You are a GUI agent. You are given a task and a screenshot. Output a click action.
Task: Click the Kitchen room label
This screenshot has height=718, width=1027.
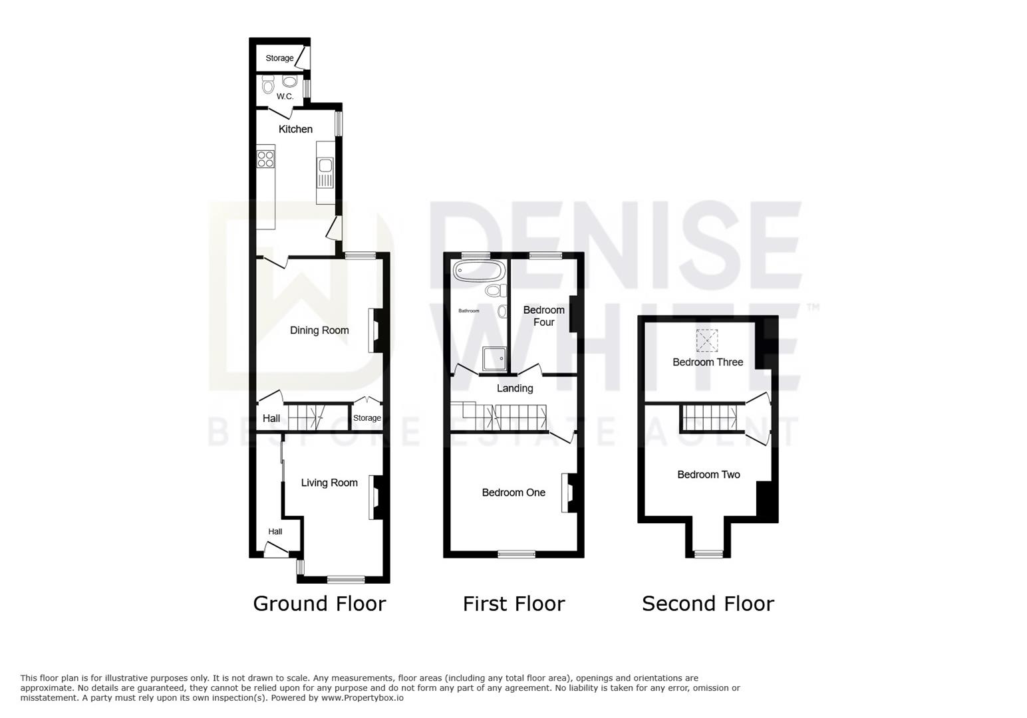(295, 129)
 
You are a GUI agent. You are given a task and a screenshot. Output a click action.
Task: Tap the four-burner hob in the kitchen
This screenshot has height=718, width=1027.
(265, 159)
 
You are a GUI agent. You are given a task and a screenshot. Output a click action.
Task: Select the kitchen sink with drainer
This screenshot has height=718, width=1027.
(325, 173)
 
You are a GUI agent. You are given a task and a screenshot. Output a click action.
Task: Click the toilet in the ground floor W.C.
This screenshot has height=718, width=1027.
(268, 85)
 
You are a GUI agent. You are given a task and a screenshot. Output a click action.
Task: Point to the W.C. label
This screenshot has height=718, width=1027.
(285, 96)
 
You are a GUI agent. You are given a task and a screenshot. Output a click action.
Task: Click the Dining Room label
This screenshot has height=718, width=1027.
(319, 330)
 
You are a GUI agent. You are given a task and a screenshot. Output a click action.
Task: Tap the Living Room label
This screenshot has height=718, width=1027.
(329, 483)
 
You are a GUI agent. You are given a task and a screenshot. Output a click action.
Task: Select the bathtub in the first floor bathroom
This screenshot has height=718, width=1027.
(478, 271)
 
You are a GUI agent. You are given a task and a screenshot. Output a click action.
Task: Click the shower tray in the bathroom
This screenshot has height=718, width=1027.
(494, 358)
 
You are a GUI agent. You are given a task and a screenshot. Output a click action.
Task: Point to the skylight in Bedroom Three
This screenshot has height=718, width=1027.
(707, 340)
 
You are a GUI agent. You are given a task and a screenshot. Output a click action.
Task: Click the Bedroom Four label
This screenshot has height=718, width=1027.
(543, 316)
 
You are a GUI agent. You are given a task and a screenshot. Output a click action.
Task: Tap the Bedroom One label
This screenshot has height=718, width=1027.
(513, 493)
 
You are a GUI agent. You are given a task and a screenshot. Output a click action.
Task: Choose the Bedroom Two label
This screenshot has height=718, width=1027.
(708, 475)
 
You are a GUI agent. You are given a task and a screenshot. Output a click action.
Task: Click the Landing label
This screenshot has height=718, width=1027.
(515, 388)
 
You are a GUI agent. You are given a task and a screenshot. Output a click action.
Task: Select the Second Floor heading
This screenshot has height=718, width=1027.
(708, 604)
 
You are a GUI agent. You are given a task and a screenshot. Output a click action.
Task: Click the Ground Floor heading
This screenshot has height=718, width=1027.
(319, 604)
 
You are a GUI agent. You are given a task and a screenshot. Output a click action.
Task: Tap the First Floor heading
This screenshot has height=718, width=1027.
(514, 604)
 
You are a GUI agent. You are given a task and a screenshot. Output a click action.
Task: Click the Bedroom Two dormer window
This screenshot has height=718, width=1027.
(709, 554)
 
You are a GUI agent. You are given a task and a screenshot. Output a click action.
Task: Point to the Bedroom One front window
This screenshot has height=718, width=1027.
(516, 554)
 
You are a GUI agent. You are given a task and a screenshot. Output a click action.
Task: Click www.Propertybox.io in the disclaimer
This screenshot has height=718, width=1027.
(363, 698)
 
